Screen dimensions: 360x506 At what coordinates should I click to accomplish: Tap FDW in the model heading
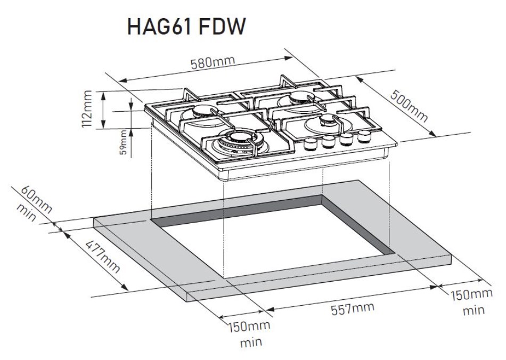[223, 27]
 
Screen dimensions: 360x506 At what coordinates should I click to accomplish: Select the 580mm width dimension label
[213, 63]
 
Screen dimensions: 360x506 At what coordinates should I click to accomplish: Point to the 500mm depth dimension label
[409, 107]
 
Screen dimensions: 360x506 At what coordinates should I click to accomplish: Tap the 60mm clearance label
[37, 198]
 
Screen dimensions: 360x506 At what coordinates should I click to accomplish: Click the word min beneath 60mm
[26, 212]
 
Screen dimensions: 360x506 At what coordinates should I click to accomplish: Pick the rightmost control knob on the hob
[364, 136]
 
